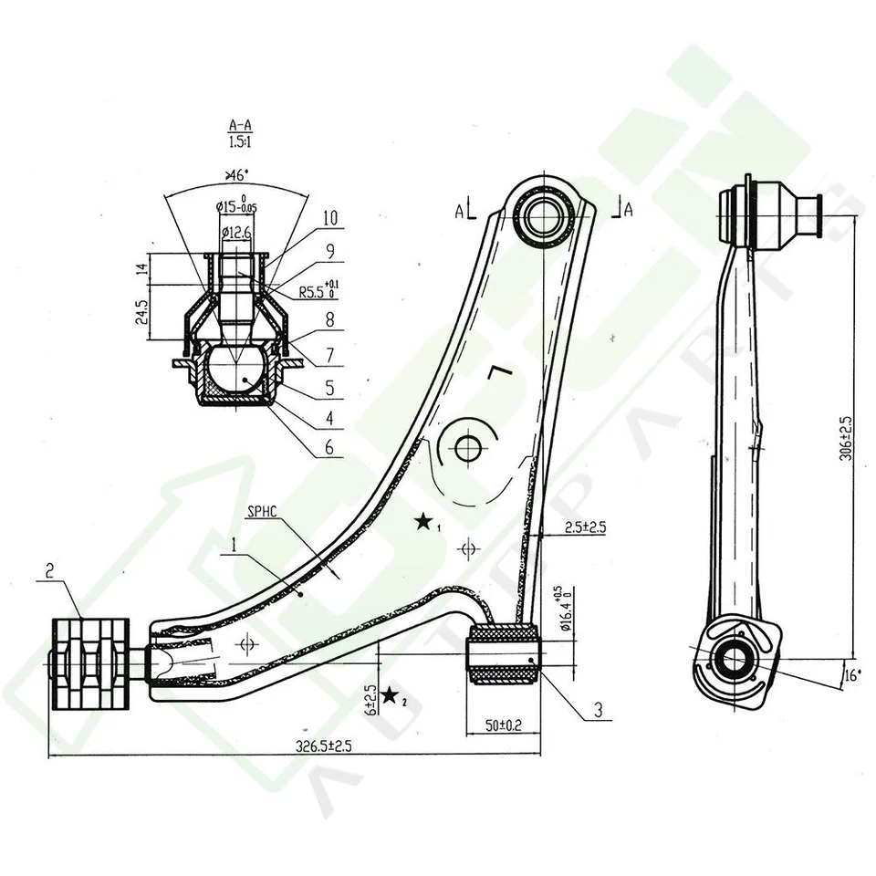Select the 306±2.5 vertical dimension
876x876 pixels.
point(846,437)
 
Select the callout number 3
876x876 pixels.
point(599,709)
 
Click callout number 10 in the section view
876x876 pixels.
point(329,219)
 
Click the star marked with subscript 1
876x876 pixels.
point(423,522)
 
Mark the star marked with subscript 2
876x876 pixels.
point(390,696)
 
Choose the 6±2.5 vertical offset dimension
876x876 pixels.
point(370,700)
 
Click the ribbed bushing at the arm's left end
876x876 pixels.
point(90,662)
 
